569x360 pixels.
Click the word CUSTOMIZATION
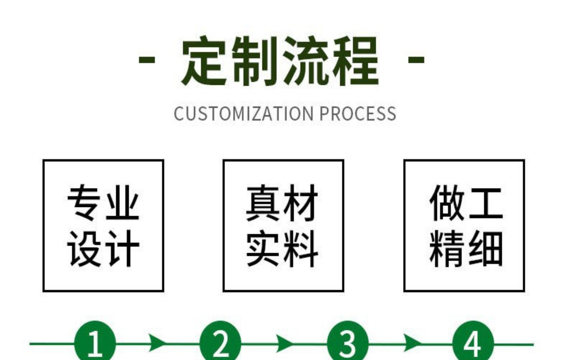(x=243, y=114)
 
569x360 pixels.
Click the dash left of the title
(x=147, y=60)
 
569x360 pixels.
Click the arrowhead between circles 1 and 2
(x=157, y=343)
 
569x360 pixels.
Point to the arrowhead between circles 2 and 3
(x=284, y=343)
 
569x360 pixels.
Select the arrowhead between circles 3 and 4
(x=411, y=343)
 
